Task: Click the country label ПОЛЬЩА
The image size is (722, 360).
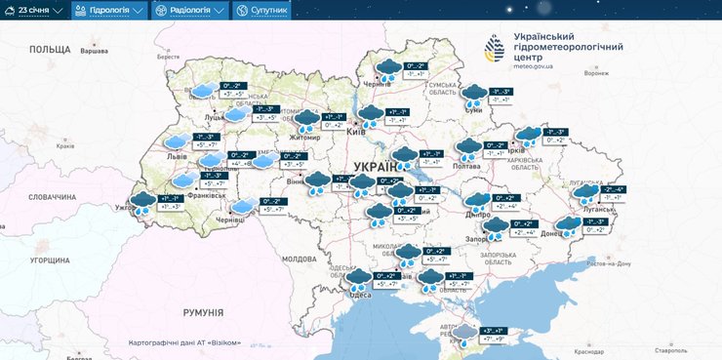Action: coord(50,49)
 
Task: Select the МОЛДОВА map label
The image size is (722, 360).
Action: coord(299,260)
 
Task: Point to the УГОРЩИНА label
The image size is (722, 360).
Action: coord(49,260)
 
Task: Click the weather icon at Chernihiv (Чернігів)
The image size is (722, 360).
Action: coord(389,69)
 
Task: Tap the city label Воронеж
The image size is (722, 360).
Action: coord(595,73)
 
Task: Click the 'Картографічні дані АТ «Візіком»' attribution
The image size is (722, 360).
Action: coord(183,342)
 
